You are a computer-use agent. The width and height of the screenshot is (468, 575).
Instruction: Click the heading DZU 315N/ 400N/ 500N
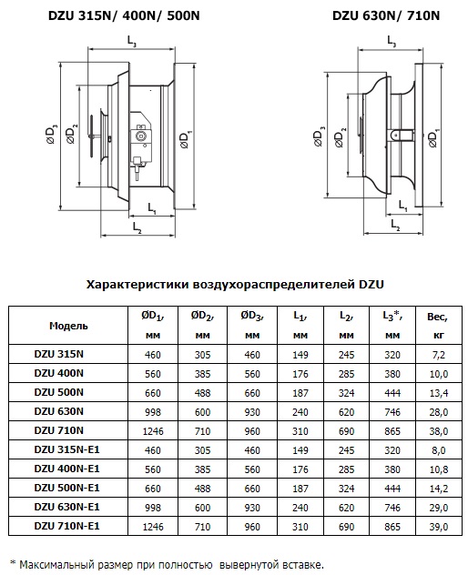[x=124, y=16]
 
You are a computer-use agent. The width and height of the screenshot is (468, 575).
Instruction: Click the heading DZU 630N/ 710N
[x=386, y=15]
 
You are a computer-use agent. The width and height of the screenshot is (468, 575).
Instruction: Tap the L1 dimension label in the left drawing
[x=152, y=208]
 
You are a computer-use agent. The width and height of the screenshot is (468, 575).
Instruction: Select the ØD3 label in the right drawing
[x=320, y=136]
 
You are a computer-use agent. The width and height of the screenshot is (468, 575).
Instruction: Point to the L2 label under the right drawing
[x=395, y=225]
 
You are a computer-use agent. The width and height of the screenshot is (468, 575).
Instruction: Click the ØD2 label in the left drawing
[x=72, y=135]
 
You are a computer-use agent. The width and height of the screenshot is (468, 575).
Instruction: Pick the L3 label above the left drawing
[x=132, y=41]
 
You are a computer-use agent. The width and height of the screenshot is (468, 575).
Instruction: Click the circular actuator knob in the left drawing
[x=140, y=136]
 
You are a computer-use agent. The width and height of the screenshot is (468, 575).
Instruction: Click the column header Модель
[x=68, y=326]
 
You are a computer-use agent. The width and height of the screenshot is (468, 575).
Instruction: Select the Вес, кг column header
[x=438, y=326]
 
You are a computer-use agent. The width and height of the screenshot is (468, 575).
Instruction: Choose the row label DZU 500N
[x=59, y=392]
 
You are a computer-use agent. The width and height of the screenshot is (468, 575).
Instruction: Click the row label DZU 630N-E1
[x=66, y=507]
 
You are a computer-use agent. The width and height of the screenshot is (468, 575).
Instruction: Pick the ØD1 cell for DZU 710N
[x=153, y=431]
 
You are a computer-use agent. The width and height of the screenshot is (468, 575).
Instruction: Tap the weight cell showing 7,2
[x=439, y=355]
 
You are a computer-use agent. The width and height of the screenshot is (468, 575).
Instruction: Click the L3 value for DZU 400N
[x=392, y=374]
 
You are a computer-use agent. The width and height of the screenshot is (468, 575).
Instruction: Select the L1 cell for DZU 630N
[x=300, y=412]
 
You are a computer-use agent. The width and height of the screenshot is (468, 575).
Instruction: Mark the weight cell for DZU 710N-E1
[x=439, y=527]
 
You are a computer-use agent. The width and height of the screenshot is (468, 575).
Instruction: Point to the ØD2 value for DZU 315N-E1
[x=203, y=450]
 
